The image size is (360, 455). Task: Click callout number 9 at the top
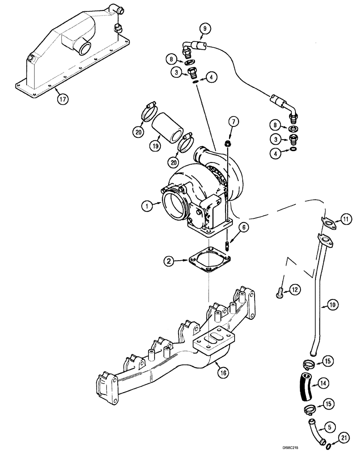tap(204, 30)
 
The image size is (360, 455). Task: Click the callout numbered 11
tap(346, 220)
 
